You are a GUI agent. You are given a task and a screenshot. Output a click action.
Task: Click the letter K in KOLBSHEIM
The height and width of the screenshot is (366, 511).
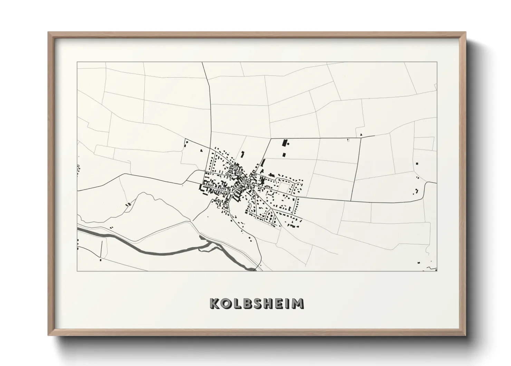[214, 303]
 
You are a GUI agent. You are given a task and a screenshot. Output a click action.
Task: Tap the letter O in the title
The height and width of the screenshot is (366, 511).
[225, 303]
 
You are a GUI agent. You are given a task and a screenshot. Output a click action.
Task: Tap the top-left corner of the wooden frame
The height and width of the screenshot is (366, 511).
[49, 33]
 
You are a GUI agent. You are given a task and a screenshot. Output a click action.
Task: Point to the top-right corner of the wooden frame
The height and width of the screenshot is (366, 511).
[466, 33]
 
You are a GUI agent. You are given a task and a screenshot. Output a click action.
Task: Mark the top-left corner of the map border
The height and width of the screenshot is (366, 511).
[77, 62]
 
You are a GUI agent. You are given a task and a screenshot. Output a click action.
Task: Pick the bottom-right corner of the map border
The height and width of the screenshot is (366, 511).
[437, 271]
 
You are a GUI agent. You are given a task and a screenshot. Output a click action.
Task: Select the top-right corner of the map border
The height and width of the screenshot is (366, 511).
[437, 62]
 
